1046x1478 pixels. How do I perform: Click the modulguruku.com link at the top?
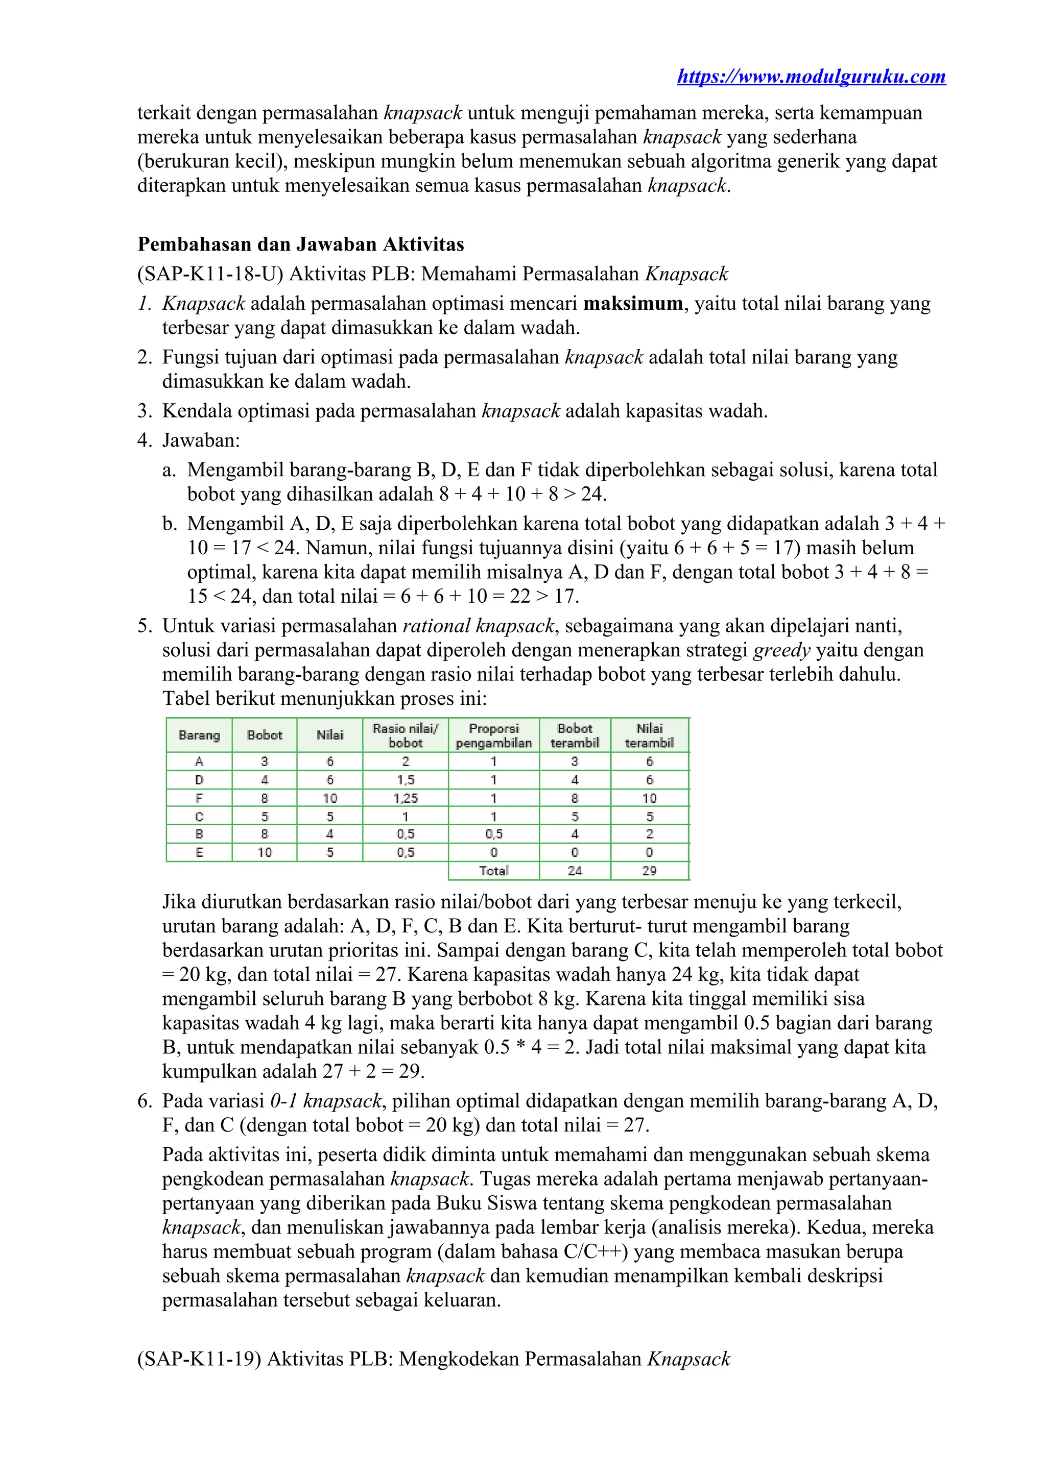[x=811, y=77]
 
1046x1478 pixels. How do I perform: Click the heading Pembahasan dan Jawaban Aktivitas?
[x=300, y=244]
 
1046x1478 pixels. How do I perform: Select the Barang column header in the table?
[x=199, y=735]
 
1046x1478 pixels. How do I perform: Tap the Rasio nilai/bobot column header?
[x=405, y=735]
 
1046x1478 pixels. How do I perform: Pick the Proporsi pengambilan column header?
[x=493, y=735]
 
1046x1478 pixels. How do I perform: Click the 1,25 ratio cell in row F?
[x=405, y=798]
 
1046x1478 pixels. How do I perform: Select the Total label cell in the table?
[x=493, y=871]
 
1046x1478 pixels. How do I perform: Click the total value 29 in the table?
[x=649, y=871]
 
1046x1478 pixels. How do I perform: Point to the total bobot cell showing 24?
[x=575, y=871]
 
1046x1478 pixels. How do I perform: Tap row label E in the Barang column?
[x=199, y=852]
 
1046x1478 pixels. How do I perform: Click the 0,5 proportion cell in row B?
[x=493, y=834]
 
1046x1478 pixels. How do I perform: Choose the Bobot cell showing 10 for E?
[x=264, y=852]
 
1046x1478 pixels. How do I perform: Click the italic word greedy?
[x=781, y=650]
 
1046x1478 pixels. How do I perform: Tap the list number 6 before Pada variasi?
[x=144, y=1101]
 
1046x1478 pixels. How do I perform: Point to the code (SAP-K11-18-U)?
[x=210, y=274]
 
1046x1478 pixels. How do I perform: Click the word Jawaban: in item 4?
[x=201, y=440]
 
